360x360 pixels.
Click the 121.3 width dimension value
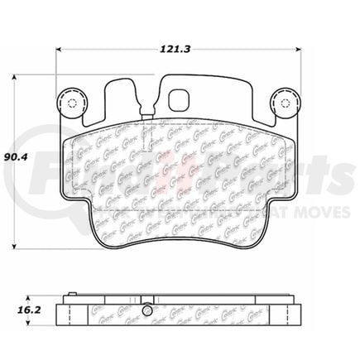(x=170, y=50)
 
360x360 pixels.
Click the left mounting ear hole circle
(x=70, y=103)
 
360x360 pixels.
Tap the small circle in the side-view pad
(x=146, y=311)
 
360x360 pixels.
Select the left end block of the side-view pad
(x=70, y=314)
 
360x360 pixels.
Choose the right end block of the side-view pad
(x=290, y=314)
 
